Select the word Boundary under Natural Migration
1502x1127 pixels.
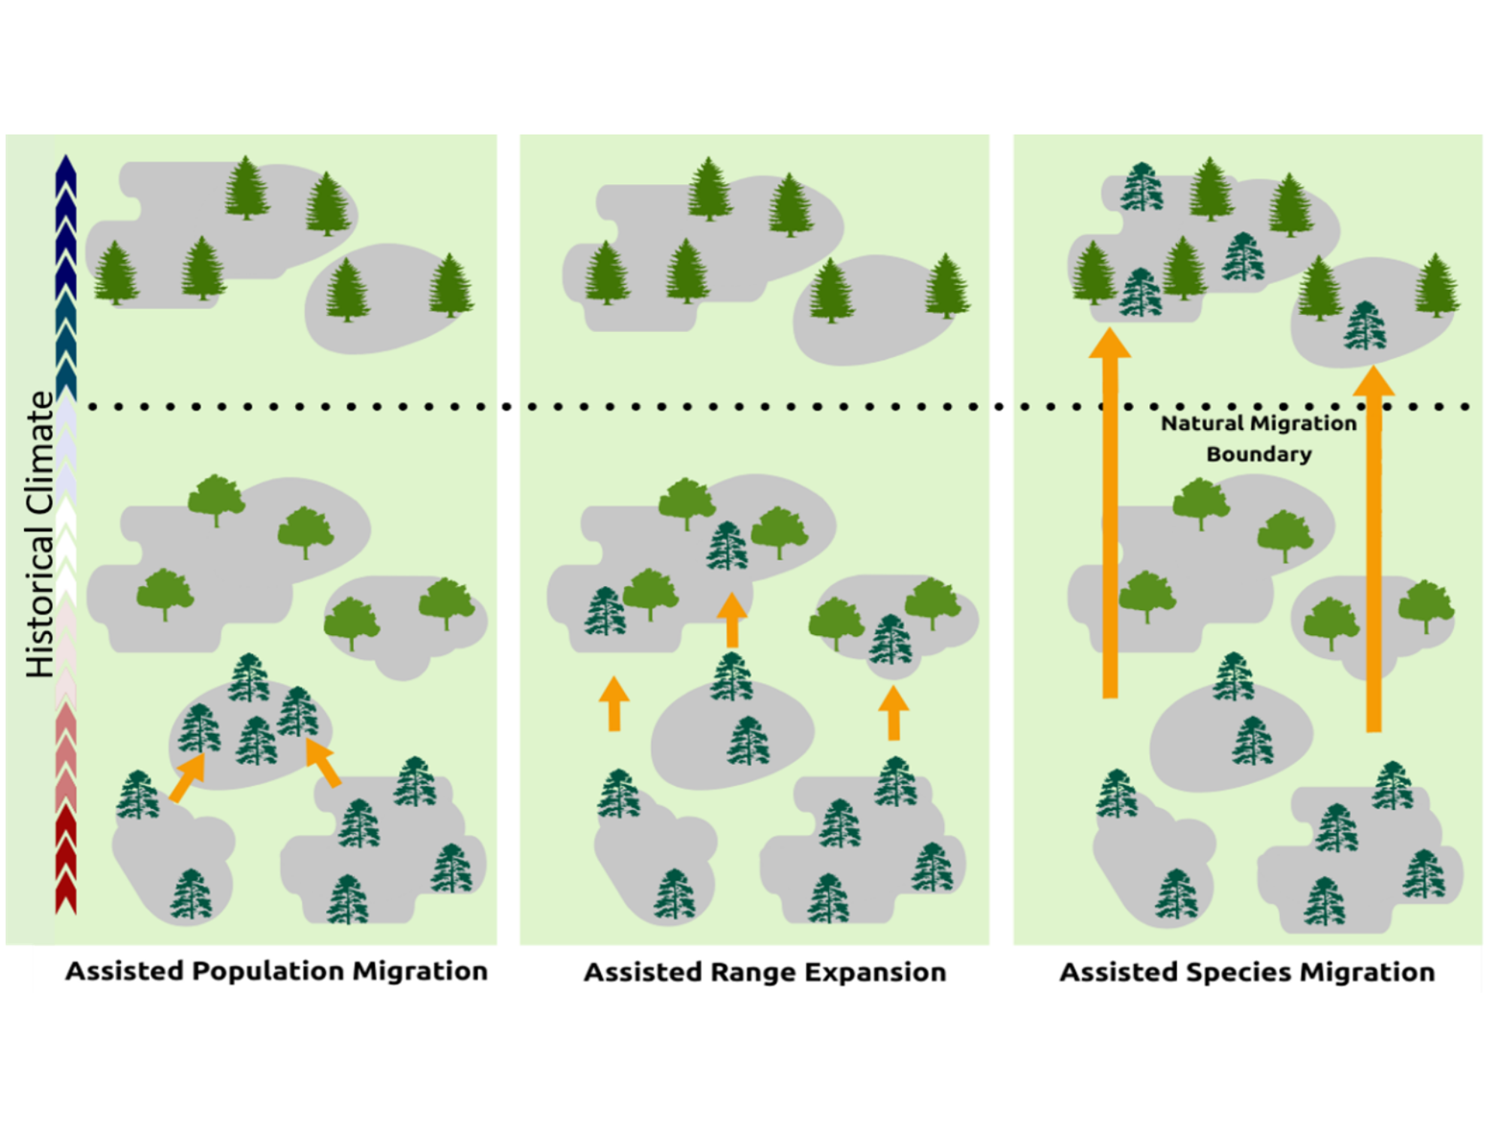(x=1259, y=455)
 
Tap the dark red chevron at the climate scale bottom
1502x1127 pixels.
(x=66, y=898)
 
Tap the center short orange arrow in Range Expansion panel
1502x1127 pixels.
(x=731, y=620)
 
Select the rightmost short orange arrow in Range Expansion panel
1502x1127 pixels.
(x=894, y=714)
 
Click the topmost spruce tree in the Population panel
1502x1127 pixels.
(x=247, y=188)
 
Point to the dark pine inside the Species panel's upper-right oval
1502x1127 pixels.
(x=1365, y=326)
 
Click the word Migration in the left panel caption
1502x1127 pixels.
(x=421, y=971)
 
